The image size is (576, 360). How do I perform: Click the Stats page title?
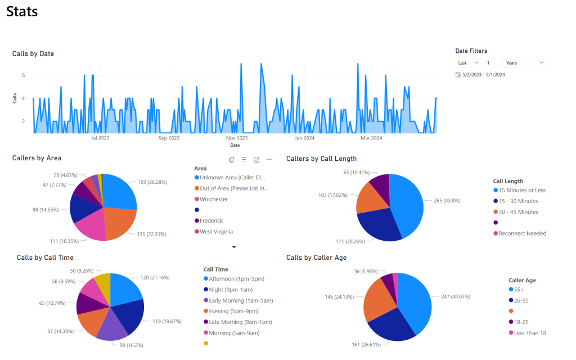(x=22, y=11)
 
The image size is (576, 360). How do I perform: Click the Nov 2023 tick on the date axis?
(x=237, y=138)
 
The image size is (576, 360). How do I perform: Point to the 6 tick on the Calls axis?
(x=24, y=75)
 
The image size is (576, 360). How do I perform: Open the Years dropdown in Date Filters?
(x=525, y=62)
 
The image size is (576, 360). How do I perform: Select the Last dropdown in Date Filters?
(x=468, y=62)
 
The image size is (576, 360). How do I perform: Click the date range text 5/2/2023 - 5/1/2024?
(x=483, y=75)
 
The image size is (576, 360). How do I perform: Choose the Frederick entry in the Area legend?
(x=209, y=220)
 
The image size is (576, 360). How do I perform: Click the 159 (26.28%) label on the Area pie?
(x=152, y=182)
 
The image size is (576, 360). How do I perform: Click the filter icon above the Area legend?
(x=244, y=159)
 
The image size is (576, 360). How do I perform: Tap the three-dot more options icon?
(x=269, y=159)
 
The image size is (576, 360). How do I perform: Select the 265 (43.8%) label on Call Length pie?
(x=447, y=201)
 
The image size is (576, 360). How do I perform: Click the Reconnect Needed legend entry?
(x=520, y=233)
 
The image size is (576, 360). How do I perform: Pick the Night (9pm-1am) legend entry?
(x=228, y=290)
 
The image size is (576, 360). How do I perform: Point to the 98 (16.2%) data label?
(x=131, y=345)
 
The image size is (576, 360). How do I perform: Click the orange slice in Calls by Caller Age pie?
(x=379, y=299)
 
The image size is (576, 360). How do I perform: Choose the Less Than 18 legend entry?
(x=528, y=333)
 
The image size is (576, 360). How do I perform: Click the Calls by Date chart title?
(x=33, y=53)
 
